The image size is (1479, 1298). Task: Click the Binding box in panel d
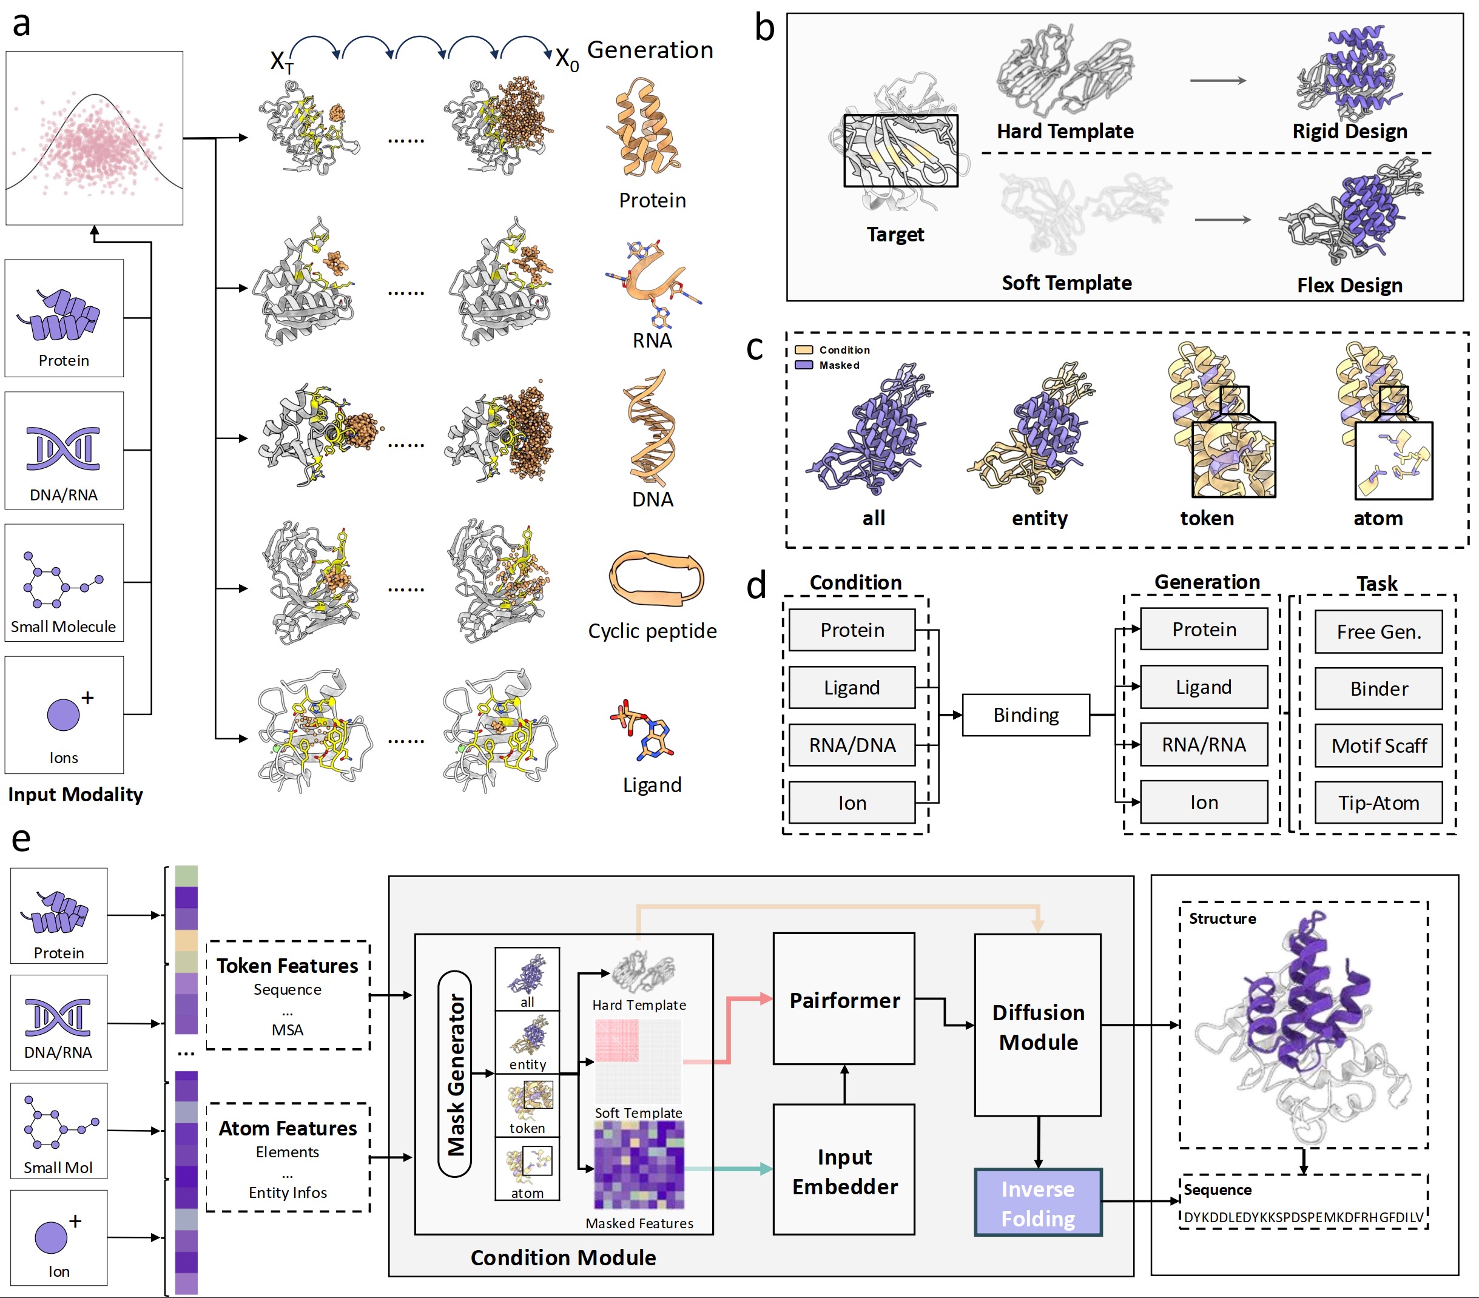[x=1025, y=715]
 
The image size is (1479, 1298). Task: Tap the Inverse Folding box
[x=1037, y=1203]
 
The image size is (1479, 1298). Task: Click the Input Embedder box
[x=844, y=1171]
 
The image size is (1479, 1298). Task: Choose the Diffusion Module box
[x=1037, y=1026]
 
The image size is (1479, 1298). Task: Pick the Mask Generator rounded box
[x=455, y=1074]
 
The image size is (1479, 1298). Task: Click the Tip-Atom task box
[x=1378, y=802]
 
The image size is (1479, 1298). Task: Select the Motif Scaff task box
[x=1378, y=745]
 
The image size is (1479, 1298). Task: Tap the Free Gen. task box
[x=1378, y=631]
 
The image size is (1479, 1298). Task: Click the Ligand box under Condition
[x=852, y=687]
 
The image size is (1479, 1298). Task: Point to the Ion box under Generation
[x=1204, y=802]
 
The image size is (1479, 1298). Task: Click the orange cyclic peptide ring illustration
[x=656, y=577]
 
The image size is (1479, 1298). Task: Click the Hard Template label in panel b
[x=1065, y=132]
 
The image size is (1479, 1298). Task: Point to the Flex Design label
[x=1349, y=285]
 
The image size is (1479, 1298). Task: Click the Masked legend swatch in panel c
[x=804, y=365]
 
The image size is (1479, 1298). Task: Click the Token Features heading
[x=288, y=966]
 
